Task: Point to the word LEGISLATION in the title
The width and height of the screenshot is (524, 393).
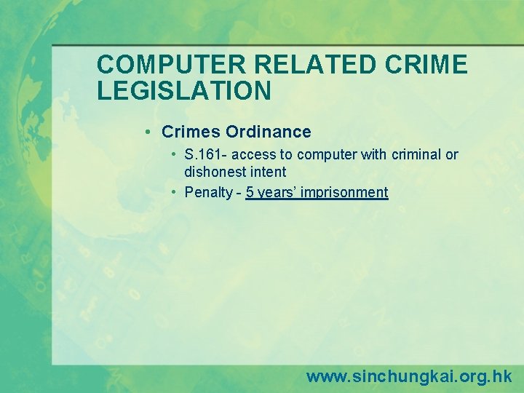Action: (184, 90)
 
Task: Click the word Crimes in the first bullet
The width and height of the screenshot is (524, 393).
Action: (191, 132)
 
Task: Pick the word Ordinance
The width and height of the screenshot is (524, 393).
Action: (269, 132)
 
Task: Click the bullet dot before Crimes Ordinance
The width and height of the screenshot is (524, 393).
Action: (148, 132)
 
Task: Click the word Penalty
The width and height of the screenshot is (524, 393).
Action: (208, 193)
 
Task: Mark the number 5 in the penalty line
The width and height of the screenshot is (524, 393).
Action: (250, 193)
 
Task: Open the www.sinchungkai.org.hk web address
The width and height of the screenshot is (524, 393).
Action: (409, 376)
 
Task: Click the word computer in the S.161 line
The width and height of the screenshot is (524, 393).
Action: (327, 155)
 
